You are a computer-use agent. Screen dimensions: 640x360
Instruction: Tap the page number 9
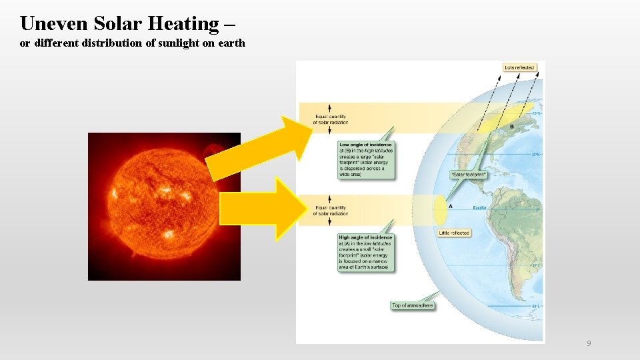click(589, 343)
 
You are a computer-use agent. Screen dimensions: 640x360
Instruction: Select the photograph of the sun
click(163, 207)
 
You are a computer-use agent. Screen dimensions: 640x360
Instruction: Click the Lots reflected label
click(519, 68)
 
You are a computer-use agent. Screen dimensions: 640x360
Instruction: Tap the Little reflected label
click(454, 233)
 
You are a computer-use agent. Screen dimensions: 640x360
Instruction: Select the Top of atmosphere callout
click(412, 305)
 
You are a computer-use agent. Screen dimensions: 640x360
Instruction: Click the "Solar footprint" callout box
click(469, 175)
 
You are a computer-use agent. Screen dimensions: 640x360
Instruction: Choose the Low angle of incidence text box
click(365, 160)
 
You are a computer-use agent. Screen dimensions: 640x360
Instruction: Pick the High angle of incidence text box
click(365, 253)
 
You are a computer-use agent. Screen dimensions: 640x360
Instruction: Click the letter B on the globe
click(511, 126)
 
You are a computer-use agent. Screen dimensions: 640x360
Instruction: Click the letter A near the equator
click(451, 207)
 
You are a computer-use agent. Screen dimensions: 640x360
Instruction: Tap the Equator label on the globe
click(480, 207)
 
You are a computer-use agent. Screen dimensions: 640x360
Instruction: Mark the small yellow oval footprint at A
click(439, 209)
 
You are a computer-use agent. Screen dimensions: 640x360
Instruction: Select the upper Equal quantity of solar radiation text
click(331, 119)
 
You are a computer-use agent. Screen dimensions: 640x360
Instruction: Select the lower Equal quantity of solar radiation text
click(331, 210)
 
